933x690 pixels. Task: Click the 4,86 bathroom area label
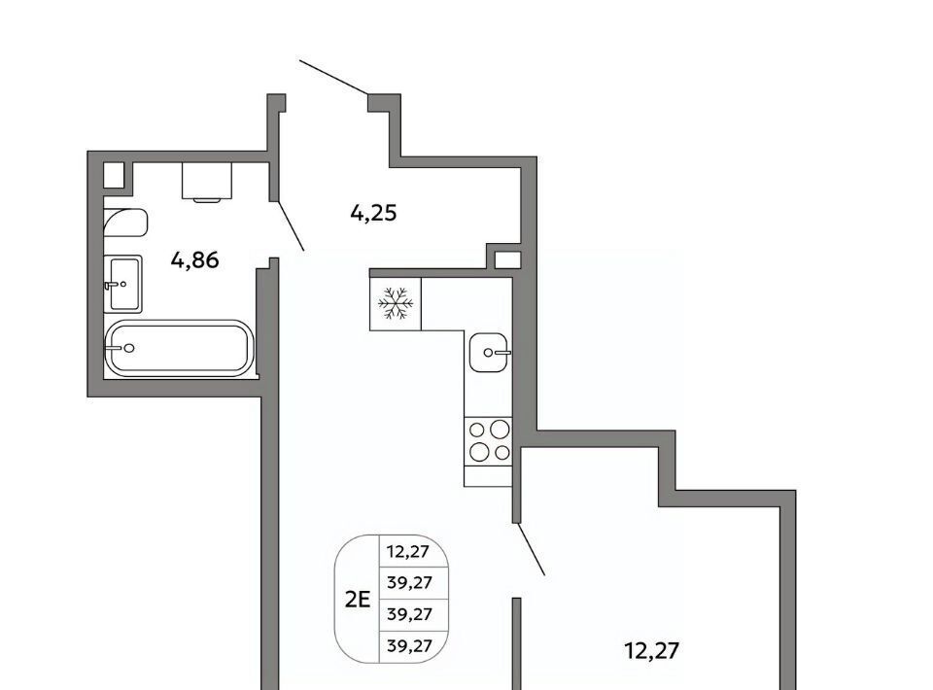pos(194,259)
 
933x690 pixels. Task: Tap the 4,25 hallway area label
pos(373,213)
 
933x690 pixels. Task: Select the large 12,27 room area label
pos(652,650)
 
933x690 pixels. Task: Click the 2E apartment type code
pos(358,600)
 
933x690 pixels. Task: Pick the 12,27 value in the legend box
pos(408,551)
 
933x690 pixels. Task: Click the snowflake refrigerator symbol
pos(396,303)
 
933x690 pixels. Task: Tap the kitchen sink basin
pos(489,352)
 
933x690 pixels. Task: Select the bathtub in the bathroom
pos(179,349)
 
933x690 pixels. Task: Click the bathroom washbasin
pos(123,284)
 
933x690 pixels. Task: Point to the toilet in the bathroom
pos(125,223)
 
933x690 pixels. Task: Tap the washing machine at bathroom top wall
pos(206,182)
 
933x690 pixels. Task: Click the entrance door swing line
pos(333,78)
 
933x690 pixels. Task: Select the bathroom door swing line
pos(291,225)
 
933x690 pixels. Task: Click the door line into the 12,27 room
pos(532,549)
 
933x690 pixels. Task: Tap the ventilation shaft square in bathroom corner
pos(115,175)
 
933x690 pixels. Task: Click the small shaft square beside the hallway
pos(508,259)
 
